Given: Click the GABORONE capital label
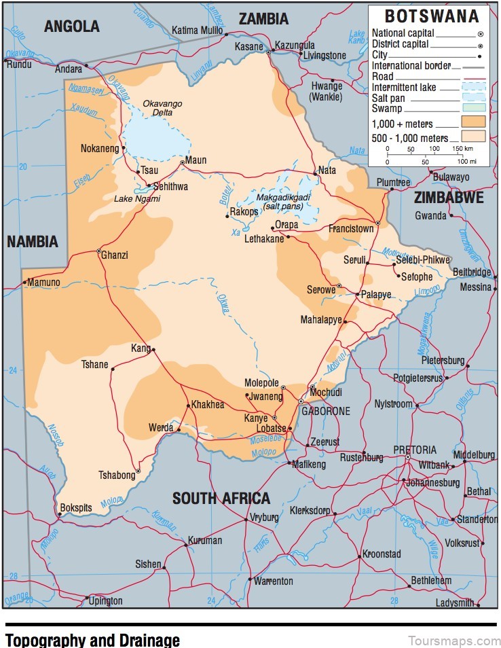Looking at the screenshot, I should [327, 411].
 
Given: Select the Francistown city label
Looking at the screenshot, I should [351, 229].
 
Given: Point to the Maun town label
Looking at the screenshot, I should [196, 160].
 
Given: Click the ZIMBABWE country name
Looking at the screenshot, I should [449, 198].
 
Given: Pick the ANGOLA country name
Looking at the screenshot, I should [71, 26].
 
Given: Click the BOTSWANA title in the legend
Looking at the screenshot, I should [432, 16].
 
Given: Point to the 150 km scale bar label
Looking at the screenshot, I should [463, 149].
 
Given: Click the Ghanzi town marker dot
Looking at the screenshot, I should [99, 250].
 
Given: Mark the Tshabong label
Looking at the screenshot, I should [117, 475].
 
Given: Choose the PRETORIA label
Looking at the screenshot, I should [415, 450].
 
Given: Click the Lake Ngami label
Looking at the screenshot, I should [137, 199].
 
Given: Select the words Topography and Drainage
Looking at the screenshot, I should [92, 639].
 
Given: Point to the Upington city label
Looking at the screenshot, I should [106, 600].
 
